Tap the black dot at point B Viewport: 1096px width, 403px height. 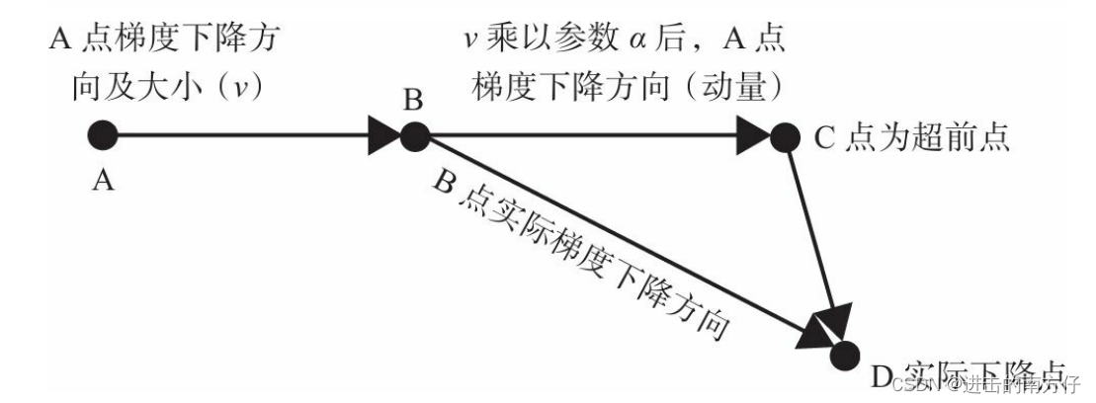pyautogui.click(x=413, y=135)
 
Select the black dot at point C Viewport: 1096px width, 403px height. pyautogui.click(x=784, y=135)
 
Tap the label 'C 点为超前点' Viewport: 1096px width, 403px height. pyautogui.click(x=911, y=136)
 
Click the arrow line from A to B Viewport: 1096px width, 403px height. pyautogui.click(x=237, y=134)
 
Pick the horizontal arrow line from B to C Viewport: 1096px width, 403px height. pyautogui.click(x=583, y=135)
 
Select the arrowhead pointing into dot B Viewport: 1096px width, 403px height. pyautogui.click(x=383, y=134)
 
